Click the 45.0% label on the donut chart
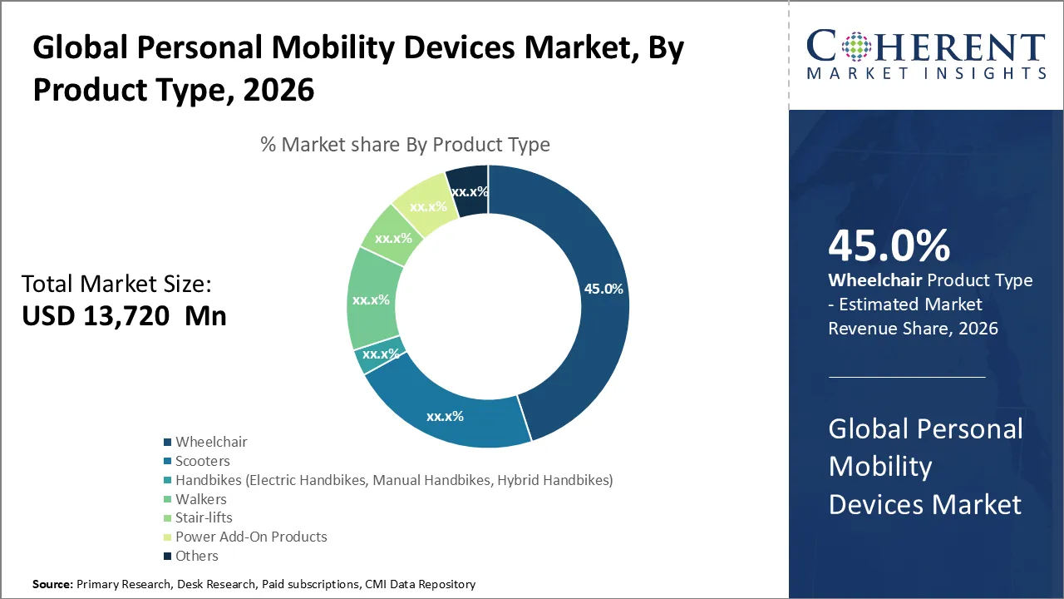point(603,289)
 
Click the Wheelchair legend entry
point(211,442)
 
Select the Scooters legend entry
point(202,461)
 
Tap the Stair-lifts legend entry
point(204,517)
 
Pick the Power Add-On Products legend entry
point(251,537)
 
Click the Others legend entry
point(196,556)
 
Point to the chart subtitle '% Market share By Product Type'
point(405,144)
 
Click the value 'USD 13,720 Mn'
point(124,315)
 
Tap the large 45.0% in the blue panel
point(889,246)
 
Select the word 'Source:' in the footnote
point(52,585)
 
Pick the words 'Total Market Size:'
point(116,284)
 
